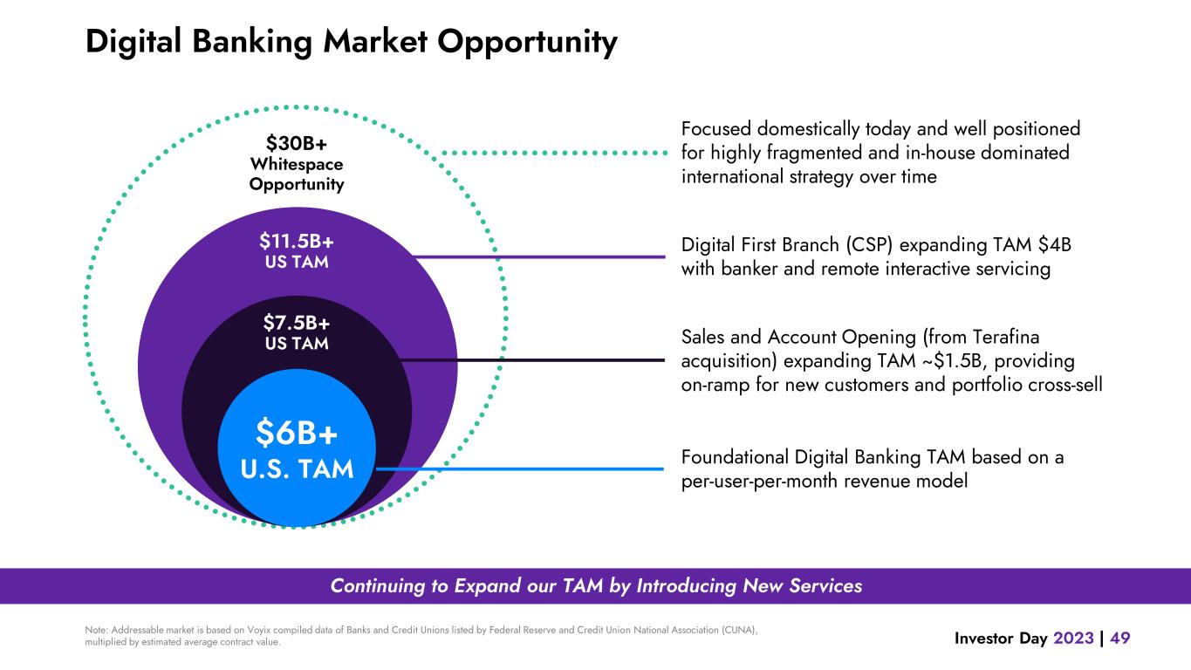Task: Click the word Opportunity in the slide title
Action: (x=527, y=42)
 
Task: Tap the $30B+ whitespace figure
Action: (x=297, y=143)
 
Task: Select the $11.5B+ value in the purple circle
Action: (x=297, y=242)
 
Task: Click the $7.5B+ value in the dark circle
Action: (x=297, y=323)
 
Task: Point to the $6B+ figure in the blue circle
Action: (x=297, y=433)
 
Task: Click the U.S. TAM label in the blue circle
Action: (x=297, y=469)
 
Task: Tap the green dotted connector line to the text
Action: (x=555, y=154)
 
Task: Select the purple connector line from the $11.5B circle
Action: (x=540, y=257)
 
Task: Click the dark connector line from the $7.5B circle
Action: (x=532, y=360)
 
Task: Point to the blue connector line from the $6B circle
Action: (x=520, y=469)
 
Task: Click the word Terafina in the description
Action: (x=1006, y=337)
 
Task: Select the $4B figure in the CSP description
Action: (x=1054, y=245)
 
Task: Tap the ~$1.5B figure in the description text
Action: (x=955, y=361)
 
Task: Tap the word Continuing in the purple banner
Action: (x=389, y=586)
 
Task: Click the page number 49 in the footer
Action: (x=1119, y=638)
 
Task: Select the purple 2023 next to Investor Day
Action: (x=1073, y=638)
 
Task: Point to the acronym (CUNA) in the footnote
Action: (x=738, y=630)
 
